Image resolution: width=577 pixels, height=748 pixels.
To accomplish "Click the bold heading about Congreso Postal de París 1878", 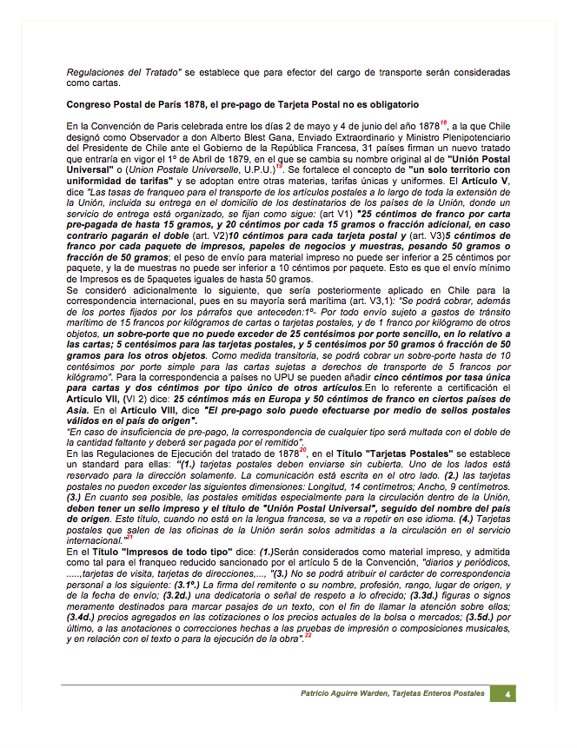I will (242, 104).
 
